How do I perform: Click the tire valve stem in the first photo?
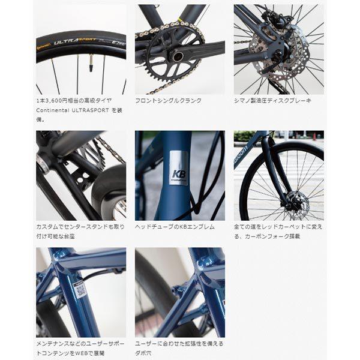(92, 62)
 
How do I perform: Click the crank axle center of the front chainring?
(178, 57)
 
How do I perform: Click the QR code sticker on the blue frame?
(81, 290)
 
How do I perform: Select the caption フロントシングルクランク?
(168, 101)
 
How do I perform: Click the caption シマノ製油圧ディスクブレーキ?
(272, 101)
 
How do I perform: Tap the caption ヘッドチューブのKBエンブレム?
(175, 227)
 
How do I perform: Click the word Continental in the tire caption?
(53, 110)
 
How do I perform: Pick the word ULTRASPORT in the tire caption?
(90, 110)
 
